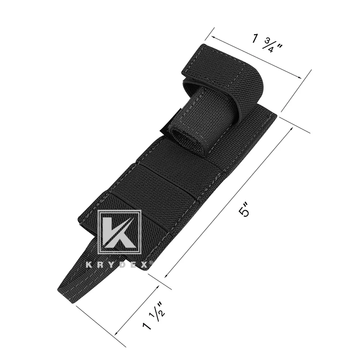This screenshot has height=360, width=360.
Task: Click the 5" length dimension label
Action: [x=244, y=210]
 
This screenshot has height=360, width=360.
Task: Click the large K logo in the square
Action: [x=119, y=232]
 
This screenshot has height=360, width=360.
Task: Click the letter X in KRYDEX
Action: [x=144, y=265]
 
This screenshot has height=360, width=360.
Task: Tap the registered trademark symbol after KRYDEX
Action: [x=151, y=263]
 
